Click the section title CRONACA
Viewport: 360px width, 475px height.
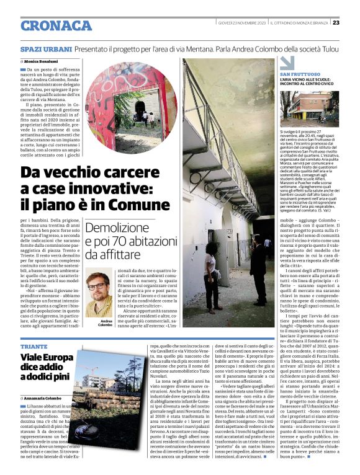[56, 25]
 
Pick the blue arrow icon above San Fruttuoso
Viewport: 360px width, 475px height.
[286, 63]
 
